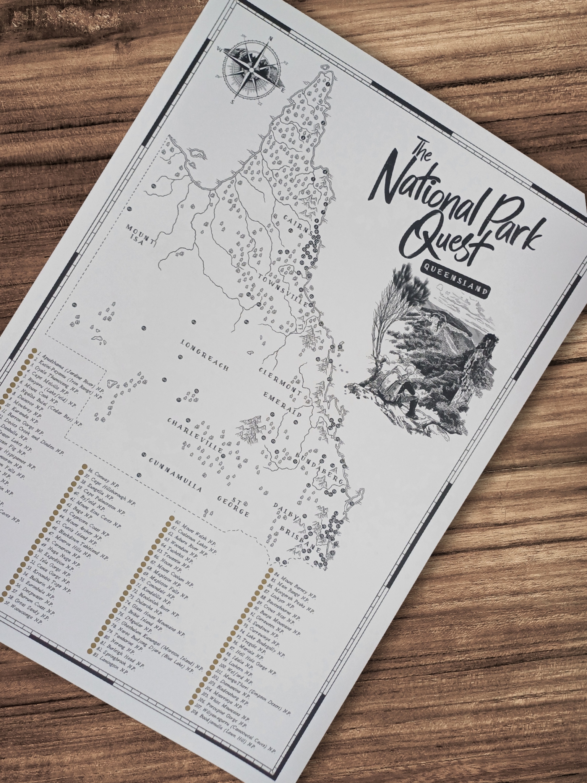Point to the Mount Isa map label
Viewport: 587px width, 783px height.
pos(141,237)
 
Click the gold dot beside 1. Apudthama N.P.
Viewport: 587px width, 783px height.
pos(34,350)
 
